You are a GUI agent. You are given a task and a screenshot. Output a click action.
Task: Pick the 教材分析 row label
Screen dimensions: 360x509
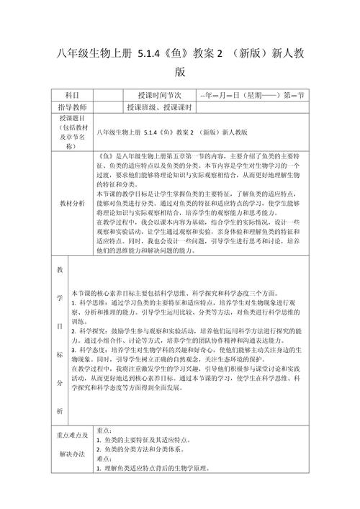72,203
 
